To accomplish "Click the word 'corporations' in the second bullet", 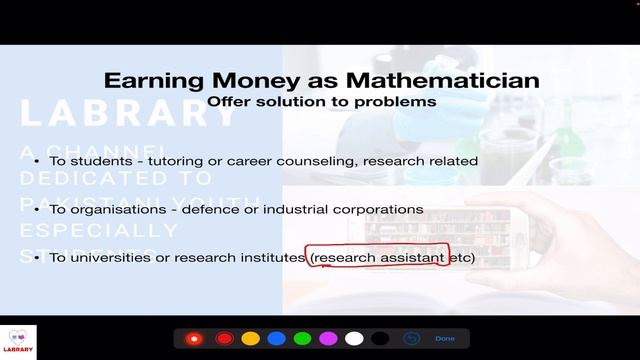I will [x=385, y=209].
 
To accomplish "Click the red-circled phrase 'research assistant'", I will [x=378, y=258].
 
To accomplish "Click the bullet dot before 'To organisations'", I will [x=36, y=209].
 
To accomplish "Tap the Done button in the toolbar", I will [x=444, y=339].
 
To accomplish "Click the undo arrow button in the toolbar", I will [x=411, y=339].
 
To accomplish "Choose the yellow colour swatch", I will [x=250, y=339].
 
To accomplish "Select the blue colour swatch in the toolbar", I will [x=276, y=339].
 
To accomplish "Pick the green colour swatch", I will [x=302, y=339].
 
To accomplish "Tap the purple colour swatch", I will [x=328, y=339].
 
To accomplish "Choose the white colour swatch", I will [x=354, y=339].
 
